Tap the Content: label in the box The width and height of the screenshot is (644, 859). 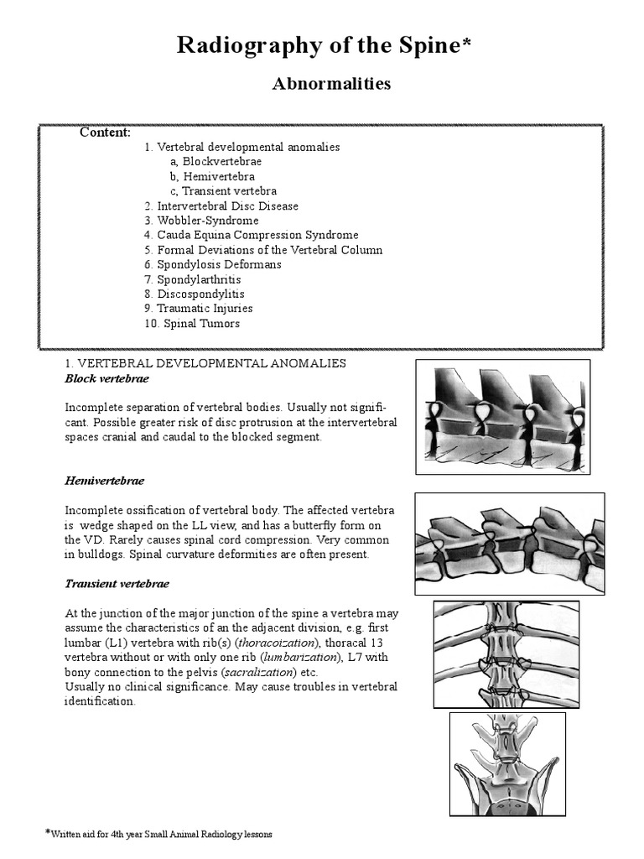click(x=105, y=133)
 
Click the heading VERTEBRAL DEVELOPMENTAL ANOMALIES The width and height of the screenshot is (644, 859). click(x=205, y=363)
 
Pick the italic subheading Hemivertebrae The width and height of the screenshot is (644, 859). click(x=105, y=481)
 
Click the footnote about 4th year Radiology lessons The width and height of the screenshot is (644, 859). click(x=159, y=835)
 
